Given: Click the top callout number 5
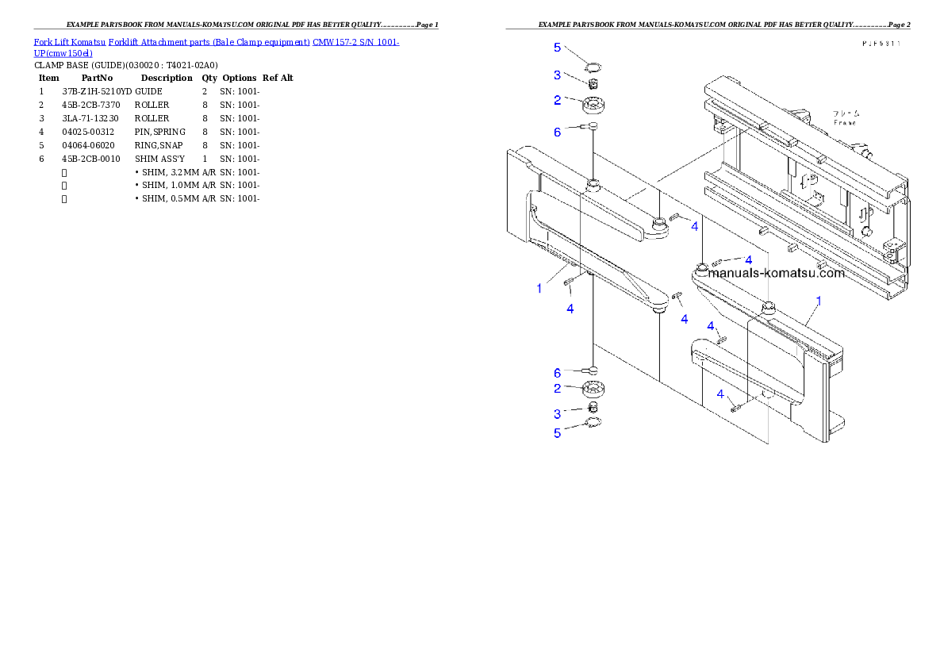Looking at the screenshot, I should pos(558,48).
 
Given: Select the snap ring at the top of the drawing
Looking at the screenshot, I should pos(593,67).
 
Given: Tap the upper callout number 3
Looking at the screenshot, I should pos(558,75).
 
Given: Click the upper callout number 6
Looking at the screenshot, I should pos(558,132).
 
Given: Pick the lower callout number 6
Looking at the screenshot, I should pos(558,372).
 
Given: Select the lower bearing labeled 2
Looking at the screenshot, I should pos(594,390).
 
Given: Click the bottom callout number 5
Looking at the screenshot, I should pos(558,433).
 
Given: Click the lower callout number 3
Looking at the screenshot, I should pos(558,413).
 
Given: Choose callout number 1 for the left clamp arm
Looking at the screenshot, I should pos(539,288).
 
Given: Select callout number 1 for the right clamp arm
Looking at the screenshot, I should pos(819,301).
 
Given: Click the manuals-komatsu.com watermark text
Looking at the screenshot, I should pos(776,274).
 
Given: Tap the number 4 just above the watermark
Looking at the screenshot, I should pos(748,259).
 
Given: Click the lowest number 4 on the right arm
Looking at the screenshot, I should pos(720,394).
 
